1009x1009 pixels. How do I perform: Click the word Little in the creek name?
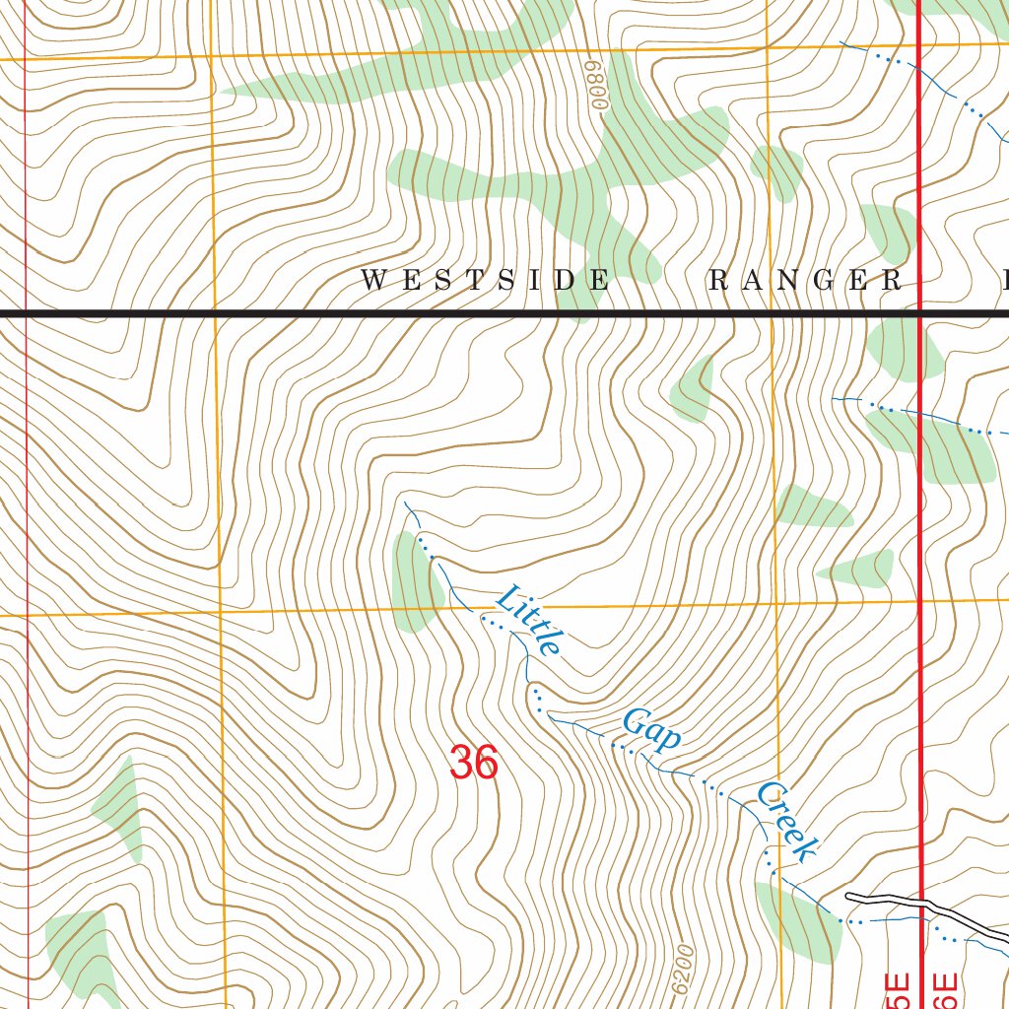click(x=528, y=621)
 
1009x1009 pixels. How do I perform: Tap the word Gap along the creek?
click(x=650, y=730)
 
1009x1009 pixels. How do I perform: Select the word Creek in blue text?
click(x=787, y=822)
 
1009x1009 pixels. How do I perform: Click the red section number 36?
click(x=473, y=763)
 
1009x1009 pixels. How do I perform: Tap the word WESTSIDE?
click(x=484, y=281)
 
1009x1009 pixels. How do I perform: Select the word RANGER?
click(x=805, y=281)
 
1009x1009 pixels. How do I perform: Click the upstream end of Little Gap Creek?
click(x=406, y=504)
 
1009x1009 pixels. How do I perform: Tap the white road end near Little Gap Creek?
click(x=849, y=896)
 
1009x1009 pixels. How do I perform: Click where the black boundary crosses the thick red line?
click(x=920, y=313)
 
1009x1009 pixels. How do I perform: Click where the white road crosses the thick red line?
click(x=922, y=903)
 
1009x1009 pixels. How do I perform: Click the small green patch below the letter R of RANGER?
click(x=695, y=389)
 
